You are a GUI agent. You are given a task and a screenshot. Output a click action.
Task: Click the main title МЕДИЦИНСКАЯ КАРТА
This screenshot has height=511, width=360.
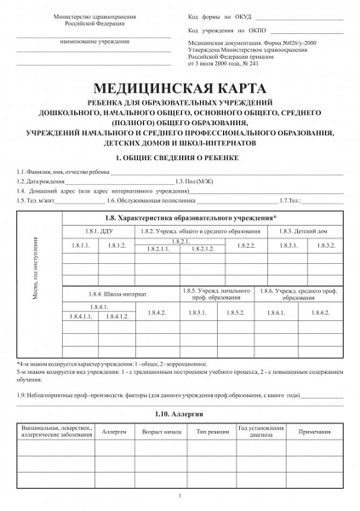(180, 89)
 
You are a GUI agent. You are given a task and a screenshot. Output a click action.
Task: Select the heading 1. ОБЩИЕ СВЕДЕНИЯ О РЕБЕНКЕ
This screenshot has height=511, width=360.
(180, 158)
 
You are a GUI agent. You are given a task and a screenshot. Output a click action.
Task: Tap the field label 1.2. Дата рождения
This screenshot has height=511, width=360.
(39, 181)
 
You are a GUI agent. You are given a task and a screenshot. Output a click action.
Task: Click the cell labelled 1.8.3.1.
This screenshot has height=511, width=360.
(288, 246)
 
